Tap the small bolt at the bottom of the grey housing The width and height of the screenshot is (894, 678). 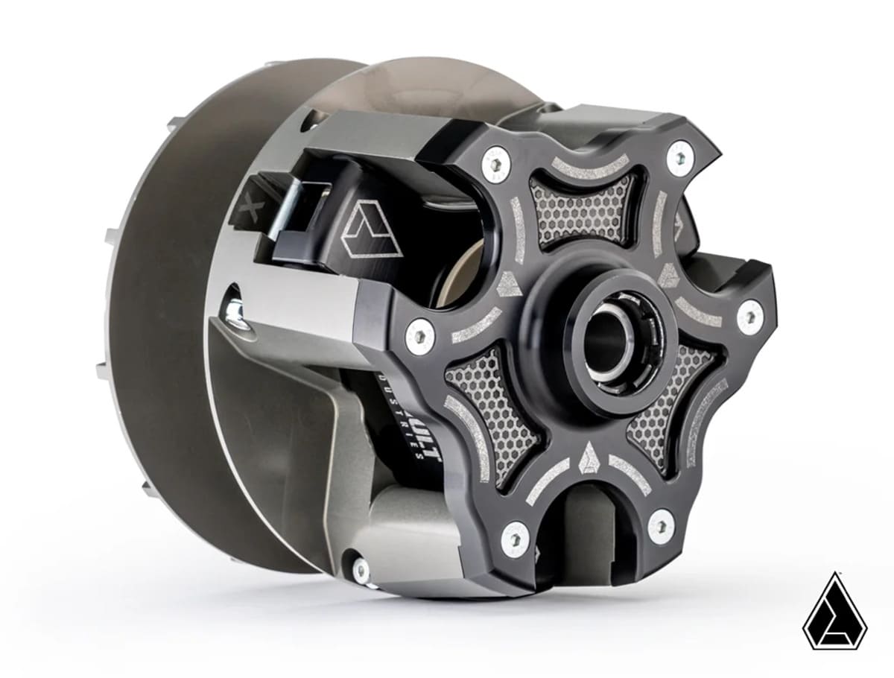pyautogui.click(x=361, y=571)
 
